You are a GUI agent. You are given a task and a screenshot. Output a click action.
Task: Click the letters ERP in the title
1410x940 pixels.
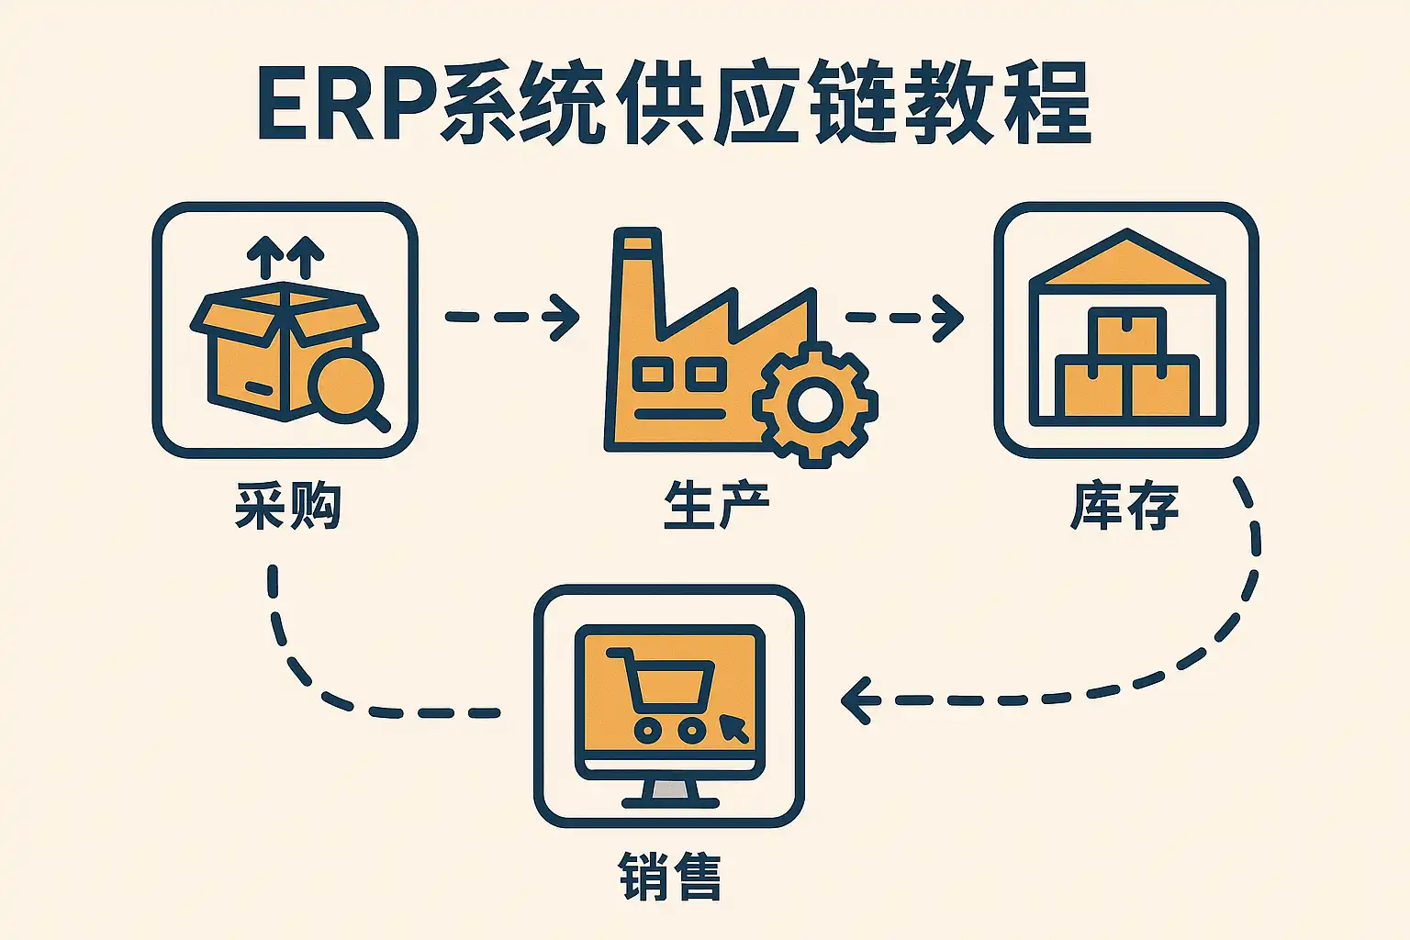(345, 103)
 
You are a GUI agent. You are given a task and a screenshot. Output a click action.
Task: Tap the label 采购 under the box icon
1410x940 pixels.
(287, 505)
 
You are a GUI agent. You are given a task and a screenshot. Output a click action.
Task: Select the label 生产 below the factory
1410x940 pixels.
(716, 505)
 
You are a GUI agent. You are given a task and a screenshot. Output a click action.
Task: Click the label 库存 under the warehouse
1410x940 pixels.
(1125, 505)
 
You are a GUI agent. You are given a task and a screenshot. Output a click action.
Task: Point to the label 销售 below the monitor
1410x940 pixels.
(670, 876)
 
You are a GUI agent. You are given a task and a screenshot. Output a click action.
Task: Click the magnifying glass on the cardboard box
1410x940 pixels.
(347, 386)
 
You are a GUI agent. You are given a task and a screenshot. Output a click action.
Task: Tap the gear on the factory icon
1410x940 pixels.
(814, 404)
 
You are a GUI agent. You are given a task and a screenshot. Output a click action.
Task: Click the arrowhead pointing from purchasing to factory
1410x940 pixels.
(564, 317)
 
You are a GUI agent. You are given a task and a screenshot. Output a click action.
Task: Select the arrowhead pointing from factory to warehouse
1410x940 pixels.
(949, 318)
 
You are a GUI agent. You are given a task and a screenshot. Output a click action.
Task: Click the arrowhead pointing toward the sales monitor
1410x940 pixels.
(857, 700)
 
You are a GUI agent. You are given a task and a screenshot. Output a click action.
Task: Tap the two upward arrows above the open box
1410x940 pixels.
(285, 255)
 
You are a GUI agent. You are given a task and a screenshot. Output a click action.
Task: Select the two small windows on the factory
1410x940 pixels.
(679, 373)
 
